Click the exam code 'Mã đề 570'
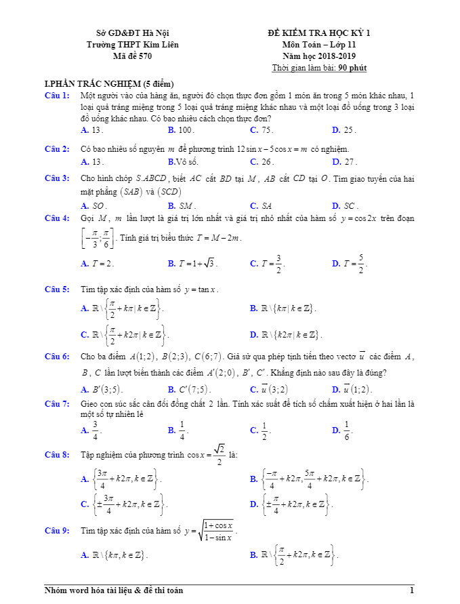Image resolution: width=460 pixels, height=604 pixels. (x=133, y=56)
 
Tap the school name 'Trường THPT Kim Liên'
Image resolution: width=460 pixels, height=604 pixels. (x=133, y=44)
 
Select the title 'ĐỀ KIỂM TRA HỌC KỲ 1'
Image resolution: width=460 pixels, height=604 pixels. (x=319, y=33)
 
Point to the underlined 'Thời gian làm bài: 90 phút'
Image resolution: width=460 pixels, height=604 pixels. (x=319, y=68)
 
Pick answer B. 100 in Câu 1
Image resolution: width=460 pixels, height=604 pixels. (x=181, y=129)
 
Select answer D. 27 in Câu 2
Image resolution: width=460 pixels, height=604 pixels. (x=344, y=162)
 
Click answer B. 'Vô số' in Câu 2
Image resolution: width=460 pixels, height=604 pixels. (x=182, y=162)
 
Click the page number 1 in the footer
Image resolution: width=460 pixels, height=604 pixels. (x=411, y=591)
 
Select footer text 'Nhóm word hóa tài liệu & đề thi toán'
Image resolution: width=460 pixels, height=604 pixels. (x=113, y=591)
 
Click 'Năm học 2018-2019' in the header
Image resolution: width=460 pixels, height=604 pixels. (x=319, y=56)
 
